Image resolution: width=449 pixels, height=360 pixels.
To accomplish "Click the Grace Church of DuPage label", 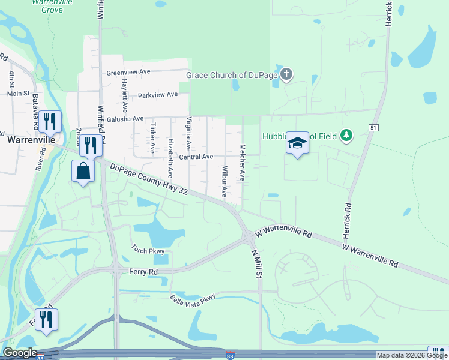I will pyautogui.click(x=232, y=75).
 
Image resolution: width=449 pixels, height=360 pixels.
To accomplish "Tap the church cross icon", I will pyautogui.click(x=287, y=74).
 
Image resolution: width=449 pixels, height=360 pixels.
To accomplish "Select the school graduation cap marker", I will pyautogui.click(x=297, y=143).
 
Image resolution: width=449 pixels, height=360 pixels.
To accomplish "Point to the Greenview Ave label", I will pyautogui.click(x=128, y=72).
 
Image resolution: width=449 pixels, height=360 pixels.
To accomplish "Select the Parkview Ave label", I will pyautogui.click(x=158, y=95).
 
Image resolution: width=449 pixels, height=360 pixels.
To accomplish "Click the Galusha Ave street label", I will pyautogui.click(x=125, y=119).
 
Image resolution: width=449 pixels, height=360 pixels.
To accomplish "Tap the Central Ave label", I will pyautogui.click(x=196, y=157).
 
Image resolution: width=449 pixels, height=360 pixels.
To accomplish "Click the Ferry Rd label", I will pyautogui.click(x=143, y=272).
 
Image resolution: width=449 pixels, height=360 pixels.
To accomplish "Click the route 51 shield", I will pyautogui.click(x=373, y=128).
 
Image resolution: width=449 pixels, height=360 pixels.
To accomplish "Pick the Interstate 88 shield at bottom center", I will pyautogui.click(x=231, y=356).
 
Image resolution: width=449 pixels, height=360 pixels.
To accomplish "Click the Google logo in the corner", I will pyautogui.click(x=19, y=353).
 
